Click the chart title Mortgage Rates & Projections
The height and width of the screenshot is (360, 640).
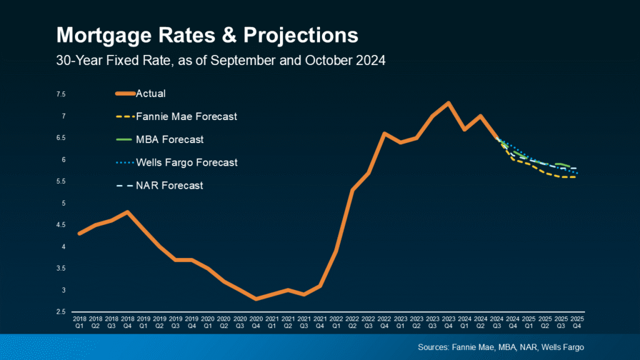tap(207, 34)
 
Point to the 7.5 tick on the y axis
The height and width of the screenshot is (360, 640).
tap(61, 94)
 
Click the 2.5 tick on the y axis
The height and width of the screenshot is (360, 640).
tap(61, 312)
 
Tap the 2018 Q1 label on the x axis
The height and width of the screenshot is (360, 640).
tap(79, 322)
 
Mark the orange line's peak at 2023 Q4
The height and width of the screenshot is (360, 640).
tap(447, 102)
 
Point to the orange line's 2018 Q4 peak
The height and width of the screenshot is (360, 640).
tap(127, 212)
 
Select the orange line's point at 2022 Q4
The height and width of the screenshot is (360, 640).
tap(383, 133)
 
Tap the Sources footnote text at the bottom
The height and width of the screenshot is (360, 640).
tap(502, 347)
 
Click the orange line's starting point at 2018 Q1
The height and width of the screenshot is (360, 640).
tap(79, 234)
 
